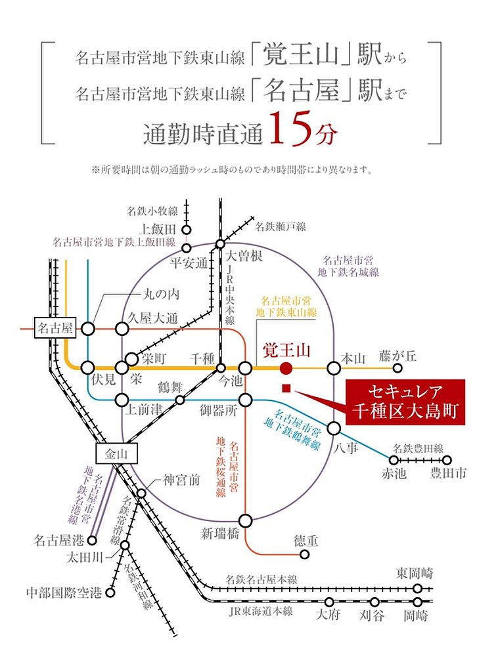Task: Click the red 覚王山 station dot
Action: click(x=286, y=368)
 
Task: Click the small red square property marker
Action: click(x=286, y=388)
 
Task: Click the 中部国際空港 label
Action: click(x=63, y=592)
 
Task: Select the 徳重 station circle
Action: click(x=305, y=553)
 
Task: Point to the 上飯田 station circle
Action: click(x=187, y=230)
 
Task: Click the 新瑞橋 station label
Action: click(x=220, y=534)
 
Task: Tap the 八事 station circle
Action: click(x=334, y=429)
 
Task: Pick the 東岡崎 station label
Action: click(x=415, y=572)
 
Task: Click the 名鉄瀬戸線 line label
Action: click(x=281, y=227)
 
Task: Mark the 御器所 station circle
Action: click(x=246, y=400)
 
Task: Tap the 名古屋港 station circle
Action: click(x=93, y=541)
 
